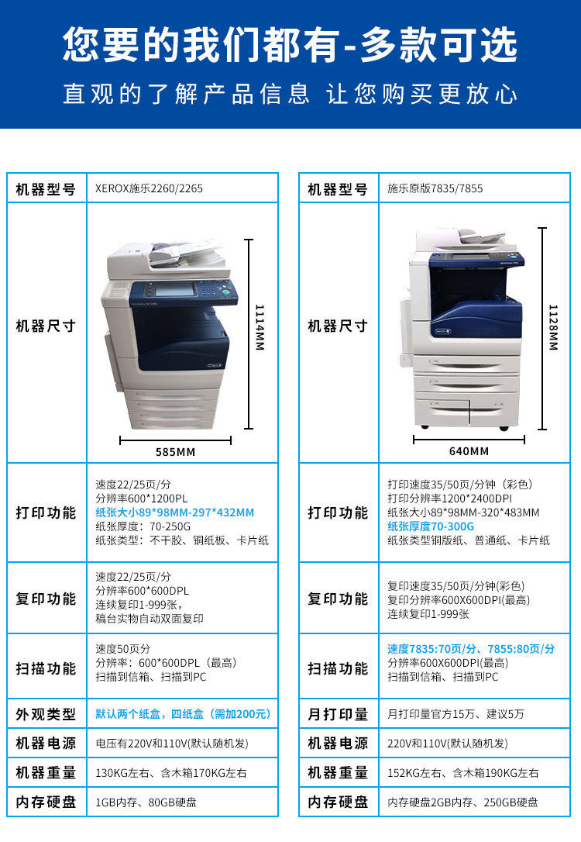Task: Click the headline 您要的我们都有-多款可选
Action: click(x=290, y=44)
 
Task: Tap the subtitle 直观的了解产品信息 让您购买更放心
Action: click(x=290, y=95)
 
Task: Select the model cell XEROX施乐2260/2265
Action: click(x=149, y=188)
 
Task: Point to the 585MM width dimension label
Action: click(x=175, y=452)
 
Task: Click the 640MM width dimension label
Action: click(x=469, y=451)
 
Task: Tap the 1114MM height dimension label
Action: click(x=260, y=326)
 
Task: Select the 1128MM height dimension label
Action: click(x=552, y=326)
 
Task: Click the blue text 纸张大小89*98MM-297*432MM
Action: click(x=174, y=512)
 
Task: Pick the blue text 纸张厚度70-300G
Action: click(x=431, y=526)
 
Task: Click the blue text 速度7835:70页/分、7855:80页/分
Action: click(x=471, y=649)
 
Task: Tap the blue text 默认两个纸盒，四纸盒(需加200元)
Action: click(x=183, y=714)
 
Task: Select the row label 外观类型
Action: click(x=46, y=714)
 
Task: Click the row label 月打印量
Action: click(x=338, y=714)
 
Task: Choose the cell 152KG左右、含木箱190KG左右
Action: click(x=463, y=773)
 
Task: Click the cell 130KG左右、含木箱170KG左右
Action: click(x=171, y=773)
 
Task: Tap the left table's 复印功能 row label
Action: click(x=46, y=599)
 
